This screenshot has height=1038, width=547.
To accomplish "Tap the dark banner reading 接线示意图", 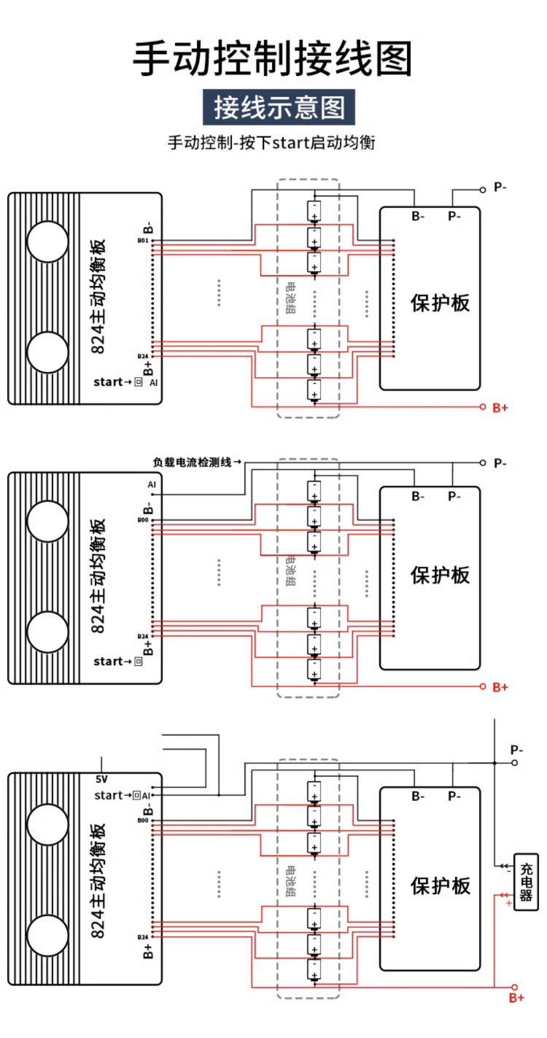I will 279,107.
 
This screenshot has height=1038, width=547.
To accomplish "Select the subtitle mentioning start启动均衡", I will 271,142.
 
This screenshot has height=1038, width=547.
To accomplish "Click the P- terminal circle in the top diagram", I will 482,189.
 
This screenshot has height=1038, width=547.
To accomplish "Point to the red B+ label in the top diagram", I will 500,407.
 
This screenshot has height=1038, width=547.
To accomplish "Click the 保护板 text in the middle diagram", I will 440,576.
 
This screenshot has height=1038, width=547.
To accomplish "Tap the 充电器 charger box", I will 526,882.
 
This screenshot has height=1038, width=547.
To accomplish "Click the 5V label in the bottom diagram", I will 102,779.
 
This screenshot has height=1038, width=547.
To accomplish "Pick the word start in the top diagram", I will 108,381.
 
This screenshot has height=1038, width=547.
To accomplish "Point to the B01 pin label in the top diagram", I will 143,240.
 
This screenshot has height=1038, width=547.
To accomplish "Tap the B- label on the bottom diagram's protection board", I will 417,797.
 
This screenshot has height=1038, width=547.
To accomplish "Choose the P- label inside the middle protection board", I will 454,497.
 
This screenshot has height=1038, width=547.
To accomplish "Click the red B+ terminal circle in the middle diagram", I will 482,686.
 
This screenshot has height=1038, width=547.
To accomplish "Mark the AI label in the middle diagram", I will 152,484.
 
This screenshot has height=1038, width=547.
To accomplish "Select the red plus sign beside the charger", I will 508,903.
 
